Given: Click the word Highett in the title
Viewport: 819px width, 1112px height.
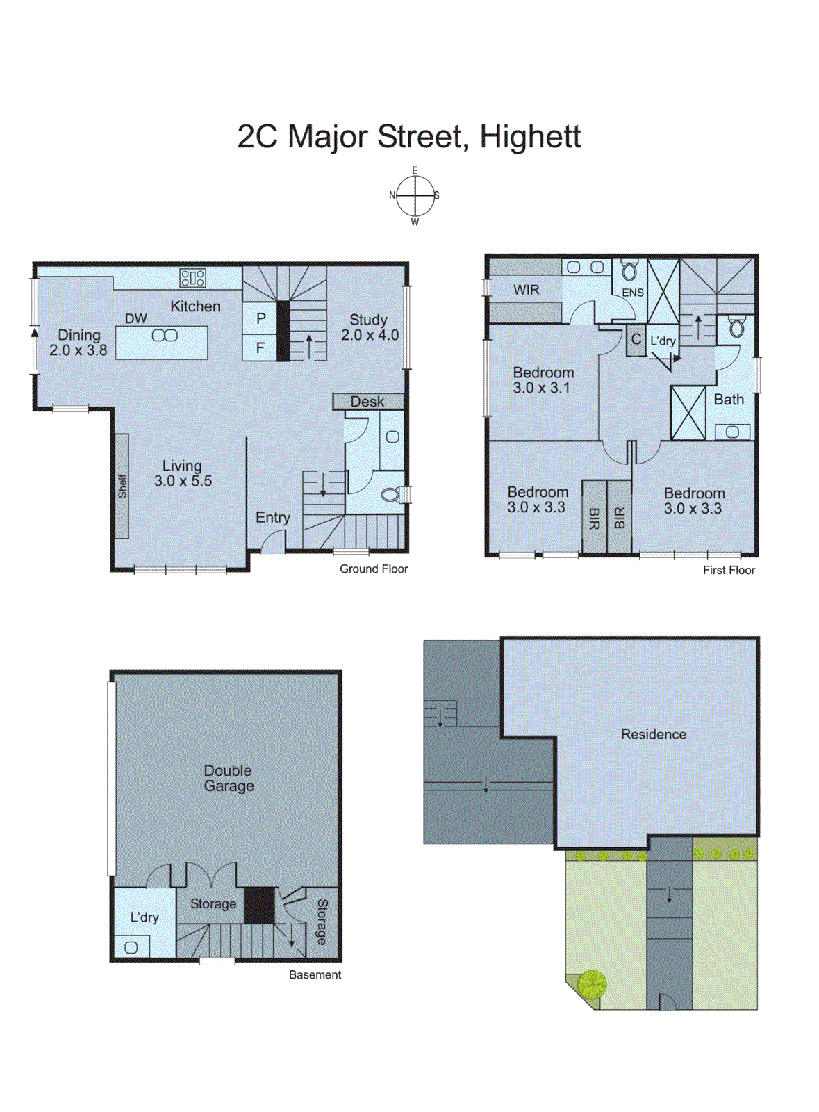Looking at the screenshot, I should [530, 136].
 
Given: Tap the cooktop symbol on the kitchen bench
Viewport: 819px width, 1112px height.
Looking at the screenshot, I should [192, 278].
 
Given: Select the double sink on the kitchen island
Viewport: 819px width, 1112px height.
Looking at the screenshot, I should [165, 336].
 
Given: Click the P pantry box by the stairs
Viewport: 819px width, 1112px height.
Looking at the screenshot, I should [260, 318].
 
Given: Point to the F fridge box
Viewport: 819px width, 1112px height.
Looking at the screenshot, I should [260, 347].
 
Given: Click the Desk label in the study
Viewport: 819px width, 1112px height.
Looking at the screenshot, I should [367, 402].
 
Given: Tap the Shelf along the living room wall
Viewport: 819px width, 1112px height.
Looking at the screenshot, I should [122, 486].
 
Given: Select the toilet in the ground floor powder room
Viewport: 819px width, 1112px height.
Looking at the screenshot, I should [392, 495].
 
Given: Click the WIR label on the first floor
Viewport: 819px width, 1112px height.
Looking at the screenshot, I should [526, 290].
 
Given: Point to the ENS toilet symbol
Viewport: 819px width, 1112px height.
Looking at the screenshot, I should [629, 270].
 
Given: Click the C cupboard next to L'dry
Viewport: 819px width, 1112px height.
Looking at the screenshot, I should [636, 340].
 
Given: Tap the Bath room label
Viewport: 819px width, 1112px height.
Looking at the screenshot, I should [728, 400].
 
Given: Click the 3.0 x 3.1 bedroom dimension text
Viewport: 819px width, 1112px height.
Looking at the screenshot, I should [541, 388].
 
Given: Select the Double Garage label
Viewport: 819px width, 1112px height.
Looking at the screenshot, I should [229, 778].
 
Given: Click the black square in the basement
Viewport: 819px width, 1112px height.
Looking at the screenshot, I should [259, 905].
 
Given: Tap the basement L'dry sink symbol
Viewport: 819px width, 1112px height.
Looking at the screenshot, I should [131, 947].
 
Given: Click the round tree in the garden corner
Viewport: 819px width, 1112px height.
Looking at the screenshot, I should [592, 984].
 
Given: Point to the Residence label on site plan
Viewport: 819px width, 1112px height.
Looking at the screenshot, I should [653, 735].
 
